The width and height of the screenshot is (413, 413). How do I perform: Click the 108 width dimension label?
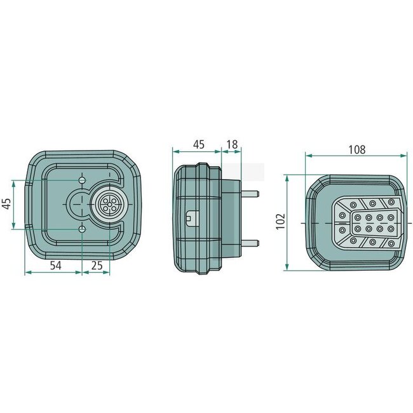[357, 150]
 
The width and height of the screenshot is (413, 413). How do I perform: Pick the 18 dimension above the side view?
[231, 145]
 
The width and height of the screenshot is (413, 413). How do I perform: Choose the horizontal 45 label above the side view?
[198, 145]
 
